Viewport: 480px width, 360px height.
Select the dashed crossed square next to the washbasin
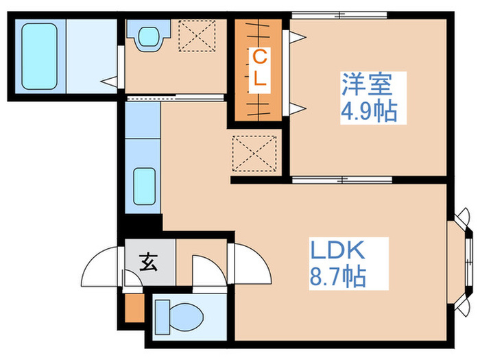point(197,34)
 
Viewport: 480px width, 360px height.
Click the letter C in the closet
point(259,56)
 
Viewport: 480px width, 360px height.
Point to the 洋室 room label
point(367,86)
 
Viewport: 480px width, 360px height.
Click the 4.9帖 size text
point(369,110)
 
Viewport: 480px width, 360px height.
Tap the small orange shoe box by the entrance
point(134,308)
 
